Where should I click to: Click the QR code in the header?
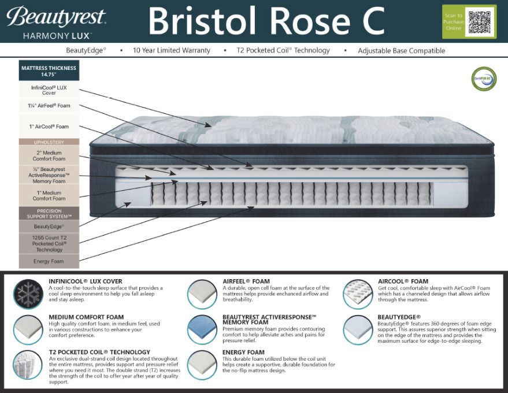[481, 22]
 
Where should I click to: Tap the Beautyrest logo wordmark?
[57, 17]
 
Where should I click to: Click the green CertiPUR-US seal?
[484, 79]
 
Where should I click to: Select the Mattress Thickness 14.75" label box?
[49, 71]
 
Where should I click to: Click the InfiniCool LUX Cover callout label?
[49, 90]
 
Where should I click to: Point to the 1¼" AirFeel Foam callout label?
[49, 106]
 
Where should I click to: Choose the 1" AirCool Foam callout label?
[49, 126]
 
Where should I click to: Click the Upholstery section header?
[49, 142]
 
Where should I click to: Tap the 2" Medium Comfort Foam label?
[49, 155]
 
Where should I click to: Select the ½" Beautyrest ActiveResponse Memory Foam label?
[49, 175]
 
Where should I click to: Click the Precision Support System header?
[49, 213]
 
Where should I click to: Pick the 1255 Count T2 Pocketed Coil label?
[49, 244]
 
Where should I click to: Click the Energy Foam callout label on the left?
[49, 261]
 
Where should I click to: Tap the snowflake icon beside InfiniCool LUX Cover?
[28, 294]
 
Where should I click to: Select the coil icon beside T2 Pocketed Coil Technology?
[28, 365]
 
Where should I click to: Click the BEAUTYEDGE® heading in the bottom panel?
[399, 317]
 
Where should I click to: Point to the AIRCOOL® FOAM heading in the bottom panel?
[403, 281]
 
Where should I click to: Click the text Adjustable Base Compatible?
[401, 51]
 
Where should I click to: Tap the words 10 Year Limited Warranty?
[172, 51]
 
